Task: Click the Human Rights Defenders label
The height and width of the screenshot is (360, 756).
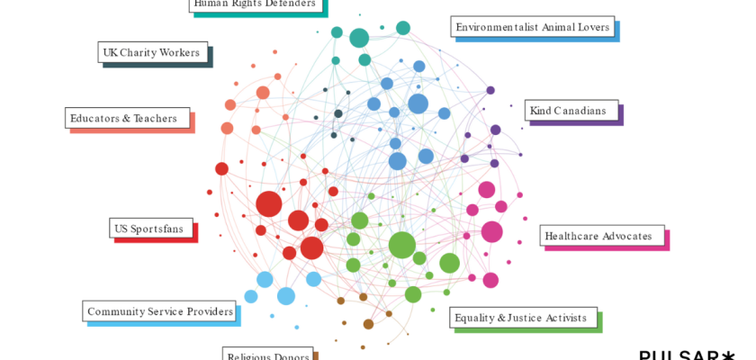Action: point(256,4)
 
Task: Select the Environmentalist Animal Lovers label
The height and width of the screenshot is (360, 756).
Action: point(532,27)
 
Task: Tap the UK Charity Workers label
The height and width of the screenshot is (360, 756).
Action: point(152,52)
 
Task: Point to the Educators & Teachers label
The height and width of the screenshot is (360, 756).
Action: point(127,118)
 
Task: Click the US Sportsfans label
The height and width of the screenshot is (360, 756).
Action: point(150,229)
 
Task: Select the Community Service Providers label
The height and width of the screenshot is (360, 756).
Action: point(160,311)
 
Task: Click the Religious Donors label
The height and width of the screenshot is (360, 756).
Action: point(267,355)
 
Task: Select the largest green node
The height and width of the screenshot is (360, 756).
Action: point(401,245)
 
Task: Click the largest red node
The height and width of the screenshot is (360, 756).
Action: point(268,204)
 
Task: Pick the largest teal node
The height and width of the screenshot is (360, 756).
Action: point(359,38)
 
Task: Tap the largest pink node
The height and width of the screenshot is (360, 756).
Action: point(491,232)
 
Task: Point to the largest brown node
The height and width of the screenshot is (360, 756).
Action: point(368,324)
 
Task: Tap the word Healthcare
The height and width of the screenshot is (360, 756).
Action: point(574,236)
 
